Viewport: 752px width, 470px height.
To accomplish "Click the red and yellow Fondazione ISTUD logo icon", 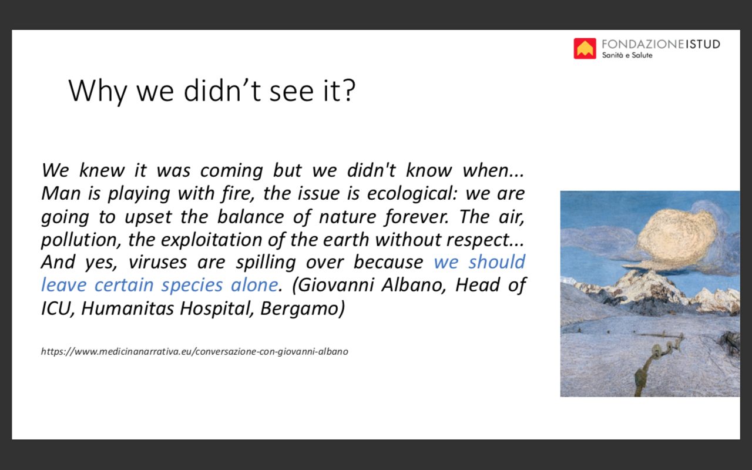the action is (585, 48).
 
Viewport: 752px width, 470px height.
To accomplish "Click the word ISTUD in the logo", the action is (703, 44).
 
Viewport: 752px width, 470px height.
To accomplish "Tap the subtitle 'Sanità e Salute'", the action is (627, 55).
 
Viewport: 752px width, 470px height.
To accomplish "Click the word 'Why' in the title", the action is (98, 91).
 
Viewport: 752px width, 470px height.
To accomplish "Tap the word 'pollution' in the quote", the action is (80, 240).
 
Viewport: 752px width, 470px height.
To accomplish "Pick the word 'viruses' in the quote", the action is (157, 262).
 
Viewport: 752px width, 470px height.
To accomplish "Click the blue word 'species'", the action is (192, 286).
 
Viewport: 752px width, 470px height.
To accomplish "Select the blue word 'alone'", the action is (254, 285).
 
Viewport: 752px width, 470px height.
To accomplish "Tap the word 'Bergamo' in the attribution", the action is (302, 308).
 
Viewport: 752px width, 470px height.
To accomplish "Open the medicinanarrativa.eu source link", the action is (194, 351).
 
